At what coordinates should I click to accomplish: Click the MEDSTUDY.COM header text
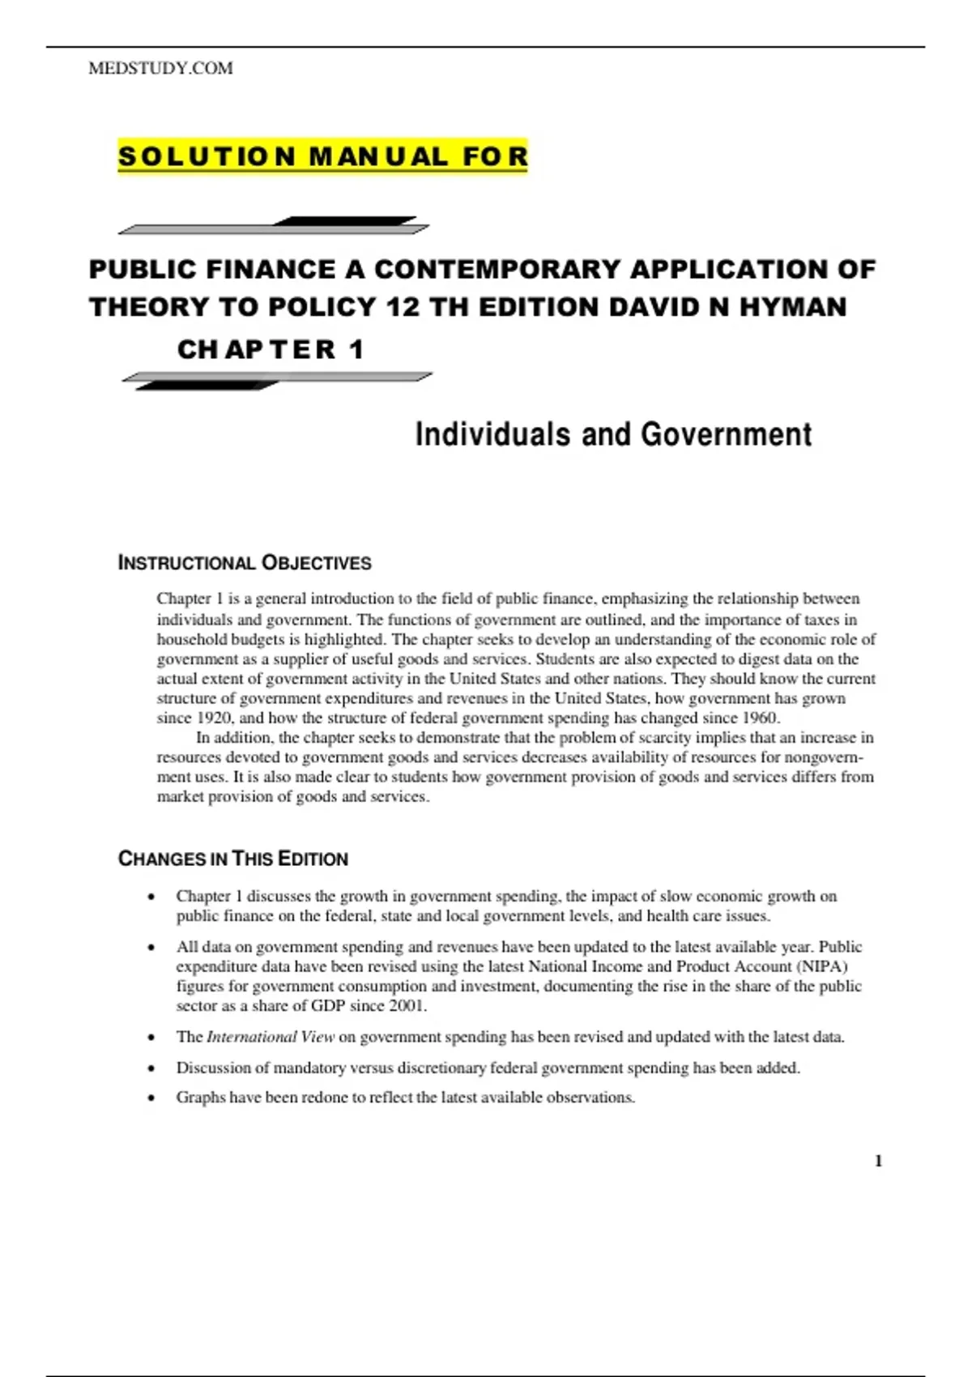pos(160,69)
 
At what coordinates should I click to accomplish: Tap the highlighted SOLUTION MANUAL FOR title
pos(322,156)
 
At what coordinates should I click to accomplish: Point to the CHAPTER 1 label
pos(271,350)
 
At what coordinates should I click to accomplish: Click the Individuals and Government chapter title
pos(613,435)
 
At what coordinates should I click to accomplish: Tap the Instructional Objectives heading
pos(245,563)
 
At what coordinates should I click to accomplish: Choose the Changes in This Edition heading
pos(233,859)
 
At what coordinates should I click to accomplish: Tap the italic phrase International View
pos(271,1037)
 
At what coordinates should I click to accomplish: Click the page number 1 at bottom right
pos(879,1162)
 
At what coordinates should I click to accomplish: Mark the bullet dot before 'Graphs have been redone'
pos(151,1098)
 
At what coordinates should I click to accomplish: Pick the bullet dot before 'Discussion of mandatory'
pos(151,1068)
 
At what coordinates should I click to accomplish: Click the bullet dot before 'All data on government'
pos(151,948)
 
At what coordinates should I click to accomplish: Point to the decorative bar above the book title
pos(274,225)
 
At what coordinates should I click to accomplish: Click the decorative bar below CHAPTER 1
pos(276,380)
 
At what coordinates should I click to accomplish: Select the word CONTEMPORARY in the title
pos(498,269)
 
